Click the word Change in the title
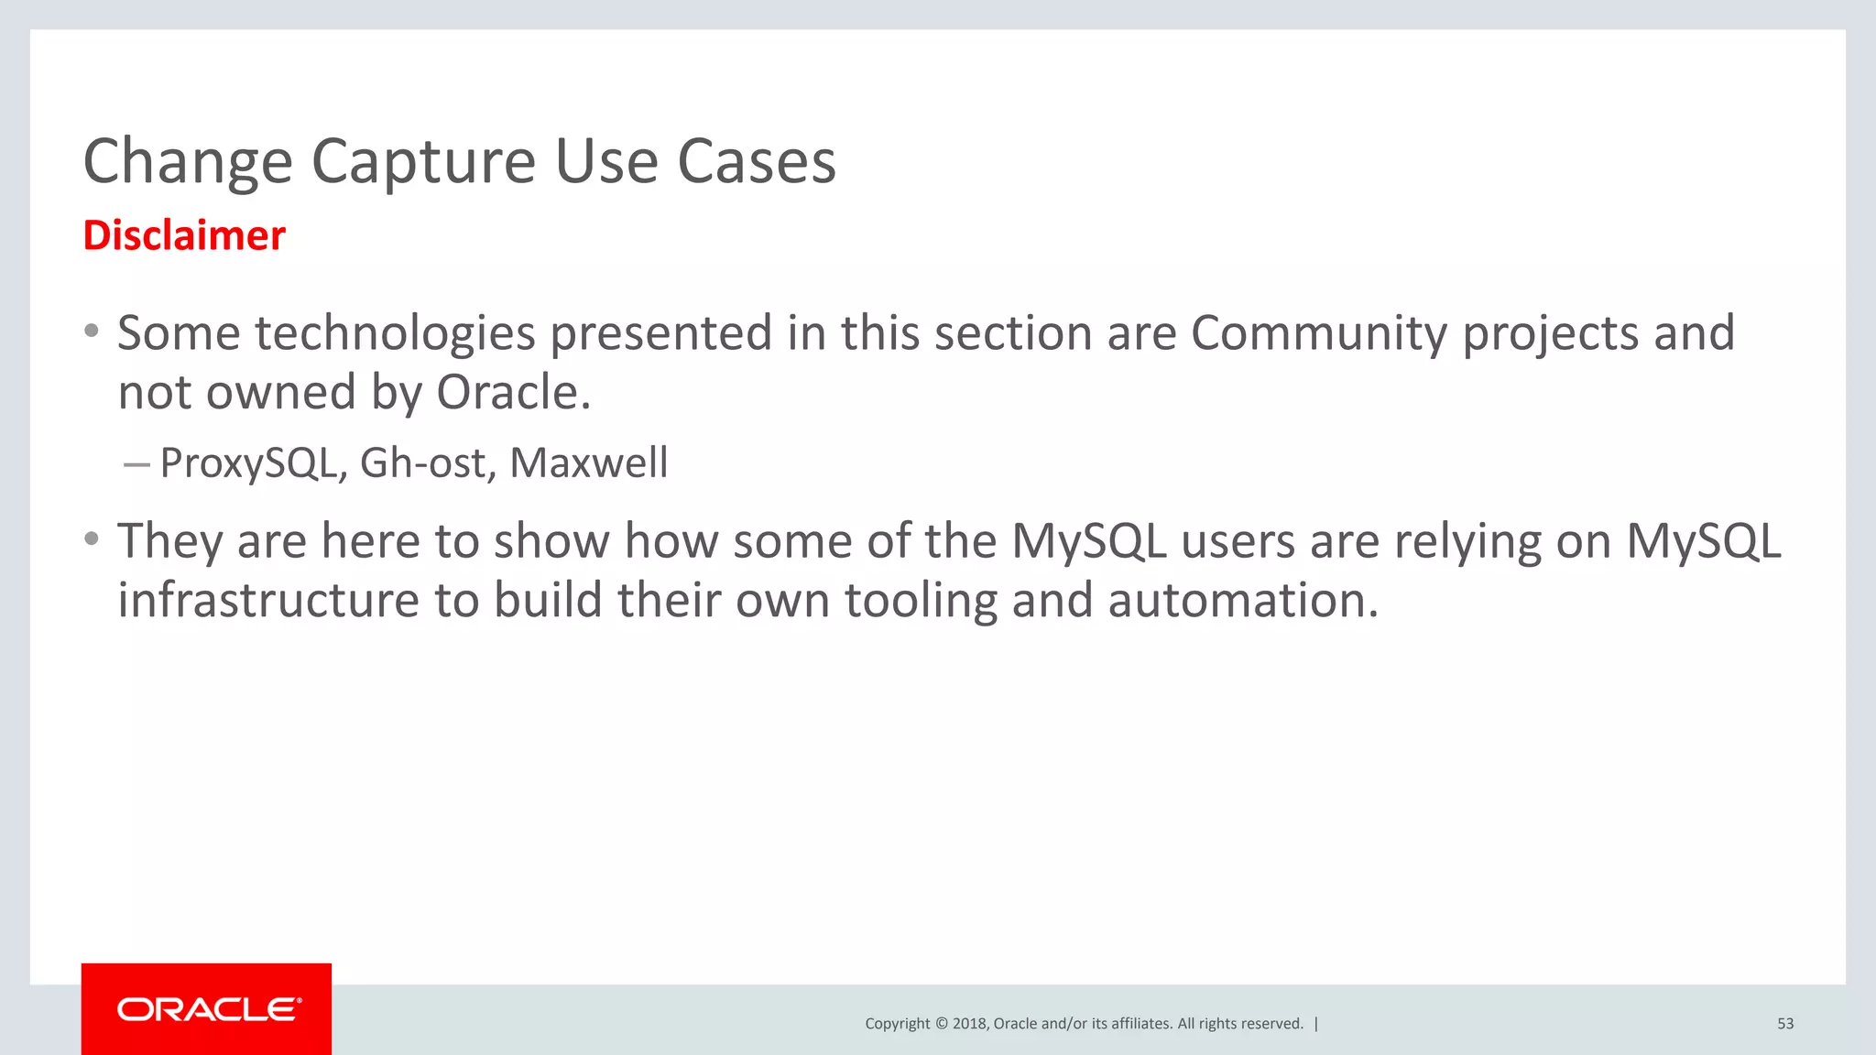188,161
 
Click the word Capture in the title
423,161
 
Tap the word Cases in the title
756,161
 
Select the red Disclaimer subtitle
184,235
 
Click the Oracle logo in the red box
208,1009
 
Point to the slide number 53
1785,1024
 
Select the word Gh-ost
422,462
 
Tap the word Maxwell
589,462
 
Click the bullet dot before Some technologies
91,332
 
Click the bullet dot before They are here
91,539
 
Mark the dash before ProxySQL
136,465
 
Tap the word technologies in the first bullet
395,332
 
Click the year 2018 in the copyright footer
968,1024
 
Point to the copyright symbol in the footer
940,1024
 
